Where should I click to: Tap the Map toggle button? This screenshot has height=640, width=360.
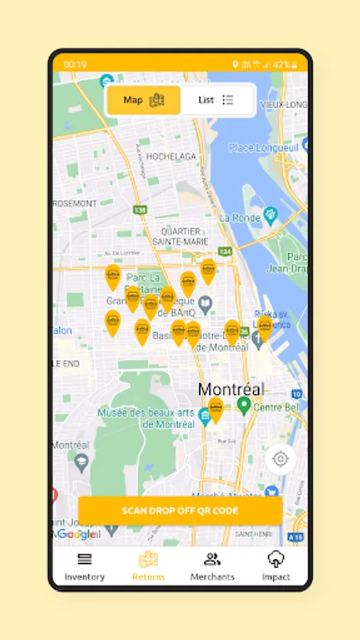[144, 100]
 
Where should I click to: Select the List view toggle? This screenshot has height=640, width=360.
[217, 100]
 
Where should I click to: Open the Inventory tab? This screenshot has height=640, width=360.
[85, 567]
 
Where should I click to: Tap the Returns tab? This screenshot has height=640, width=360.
[148, 567]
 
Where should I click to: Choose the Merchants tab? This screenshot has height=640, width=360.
[212, 567]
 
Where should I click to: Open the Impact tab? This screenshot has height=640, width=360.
[276, 567]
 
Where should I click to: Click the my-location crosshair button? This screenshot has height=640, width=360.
[280, 459]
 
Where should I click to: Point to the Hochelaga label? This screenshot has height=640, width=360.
[171, 156]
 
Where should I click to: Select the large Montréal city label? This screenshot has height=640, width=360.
[231, 389]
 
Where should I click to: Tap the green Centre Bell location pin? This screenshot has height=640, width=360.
[244, 405]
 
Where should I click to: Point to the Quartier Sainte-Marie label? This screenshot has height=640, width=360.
[181, 236]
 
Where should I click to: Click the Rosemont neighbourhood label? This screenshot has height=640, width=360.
[74, 203]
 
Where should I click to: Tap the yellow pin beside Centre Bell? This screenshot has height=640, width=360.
[216, 409]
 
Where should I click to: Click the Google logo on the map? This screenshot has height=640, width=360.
[75, 534]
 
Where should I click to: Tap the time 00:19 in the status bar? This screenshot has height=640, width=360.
[75, 65]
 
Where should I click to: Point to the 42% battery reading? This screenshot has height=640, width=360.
[281, 65]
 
